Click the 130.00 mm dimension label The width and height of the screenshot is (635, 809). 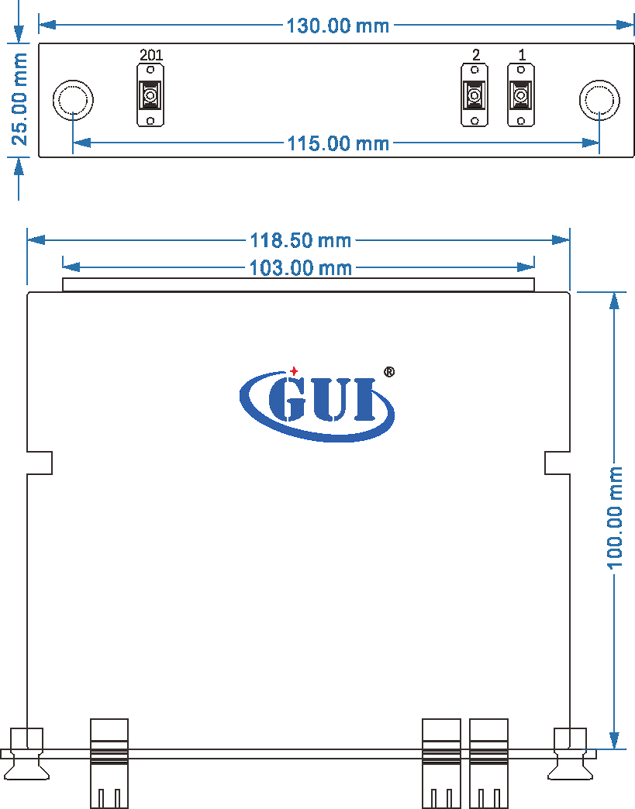click(x=337, y=26)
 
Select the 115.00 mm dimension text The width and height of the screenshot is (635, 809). click(x=338, y=143)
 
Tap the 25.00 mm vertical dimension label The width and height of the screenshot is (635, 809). click(x=19, y=98)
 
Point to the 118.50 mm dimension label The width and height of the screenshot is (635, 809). click(x=301, y=240)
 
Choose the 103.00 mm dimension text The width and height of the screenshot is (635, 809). click(x=301, y=268)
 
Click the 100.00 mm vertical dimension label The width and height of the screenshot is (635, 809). click(x=614, y=518)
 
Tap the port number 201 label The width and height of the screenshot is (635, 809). click(x=150, y=54)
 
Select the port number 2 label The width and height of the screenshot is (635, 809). click(x=475, y=54)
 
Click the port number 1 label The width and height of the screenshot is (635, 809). click(x=522, y=54)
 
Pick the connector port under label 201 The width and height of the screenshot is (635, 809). click(x=150, y=95)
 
